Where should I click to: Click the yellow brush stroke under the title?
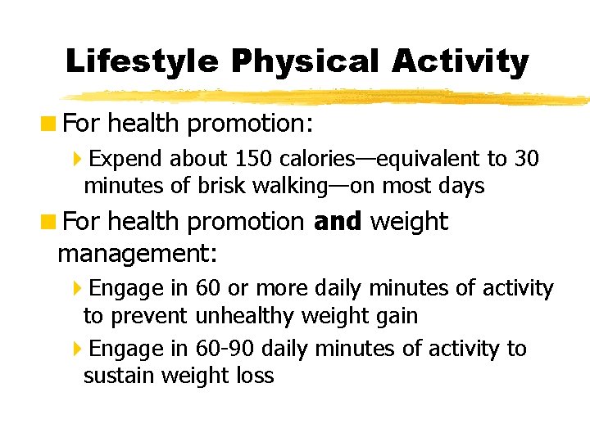[x=328, y=97]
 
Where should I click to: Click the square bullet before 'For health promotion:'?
[x=50, y=124]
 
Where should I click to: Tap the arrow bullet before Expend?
[x=77, y=158]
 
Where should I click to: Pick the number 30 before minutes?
[x=525, y=158]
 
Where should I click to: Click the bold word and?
[x=337, y=222]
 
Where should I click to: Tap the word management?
[x=137, y=254]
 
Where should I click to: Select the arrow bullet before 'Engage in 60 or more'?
[x=77, y=288]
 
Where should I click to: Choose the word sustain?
[x=120, y=377]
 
